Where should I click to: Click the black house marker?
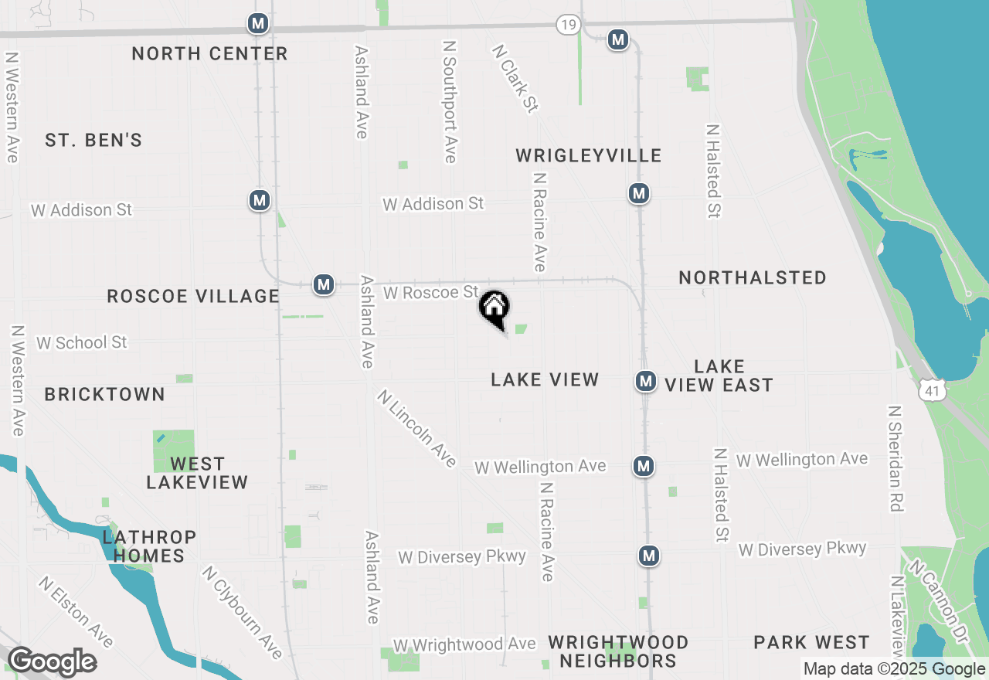[494, 308]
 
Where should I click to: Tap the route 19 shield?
[568, 25]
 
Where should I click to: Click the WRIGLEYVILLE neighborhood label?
[589, 155]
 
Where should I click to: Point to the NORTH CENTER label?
[209, 53]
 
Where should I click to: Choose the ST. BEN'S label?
[93, 140]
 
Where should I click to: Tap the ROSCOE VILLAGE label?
[193, 296]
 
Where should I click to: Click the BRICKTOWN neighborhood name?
[104, 394]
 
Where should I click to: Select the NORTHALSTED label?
[753, 277]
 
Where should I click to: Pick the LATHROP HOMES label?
[149, 546]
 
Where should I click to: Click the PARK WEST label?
[811, 642]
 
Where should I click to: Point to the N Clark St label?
[515, 77]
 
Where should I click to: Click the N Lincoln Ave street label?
[417, 428]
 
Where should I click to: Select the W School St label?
[81, 342]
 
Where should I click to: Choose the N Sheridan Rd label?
[896, 459]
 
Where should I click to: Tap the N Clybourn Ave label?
[243, 612]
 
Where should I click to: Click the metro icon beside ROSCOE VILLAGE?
[324, 284]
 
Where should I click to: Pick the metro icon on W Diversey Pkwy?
[649, 556]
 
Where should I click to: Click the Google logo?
[51, 662]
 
